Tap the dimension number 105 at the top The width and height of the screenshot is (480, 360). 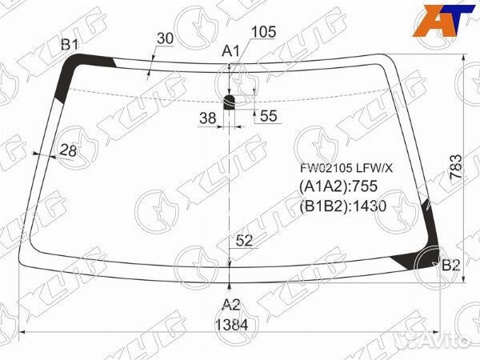click(262, 32)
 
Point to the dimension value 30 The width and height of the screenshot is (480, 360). click(165, 38)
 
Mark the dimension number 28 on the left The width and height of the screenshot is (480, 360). click(67, 150)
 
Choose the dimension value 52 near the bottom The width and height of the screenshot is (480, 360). click(245, 239)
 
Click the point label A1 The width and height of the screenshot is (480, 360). click(231, 51)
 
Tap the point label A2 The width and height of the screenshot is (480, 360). click(231, 304)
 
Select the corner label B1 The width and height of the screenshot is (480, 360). click(70, 44)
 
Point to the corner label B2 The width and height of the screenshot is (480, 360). click(451, 266)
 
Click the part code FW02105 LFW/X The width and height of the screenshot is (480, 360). click(346, 169)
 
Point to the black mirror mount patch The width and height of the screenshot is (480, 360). click(230, 100)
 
